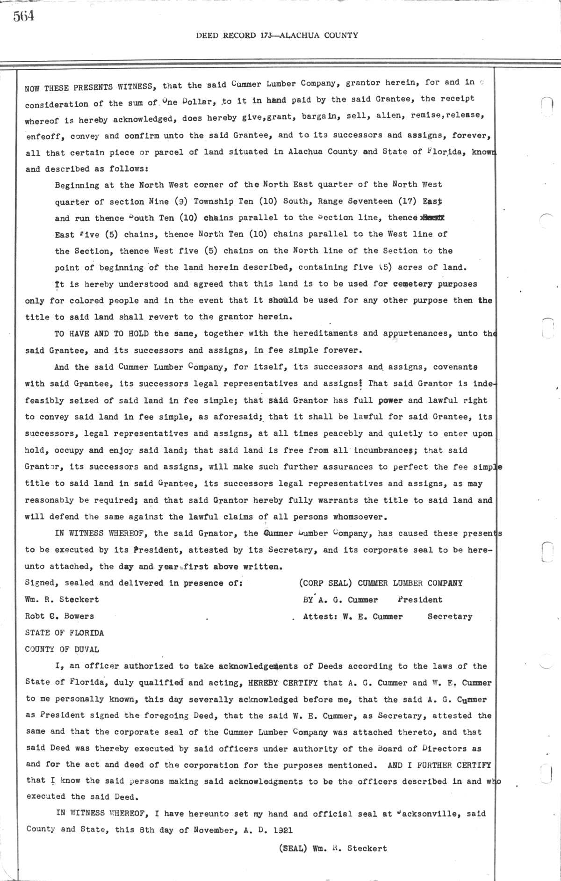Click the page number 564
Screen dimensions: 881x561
23,17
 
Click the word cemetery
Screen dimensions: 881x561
413,284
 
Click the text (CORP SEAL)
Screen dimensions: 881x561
325,583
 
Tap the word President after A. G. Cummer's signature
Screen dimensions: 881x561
420,600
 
